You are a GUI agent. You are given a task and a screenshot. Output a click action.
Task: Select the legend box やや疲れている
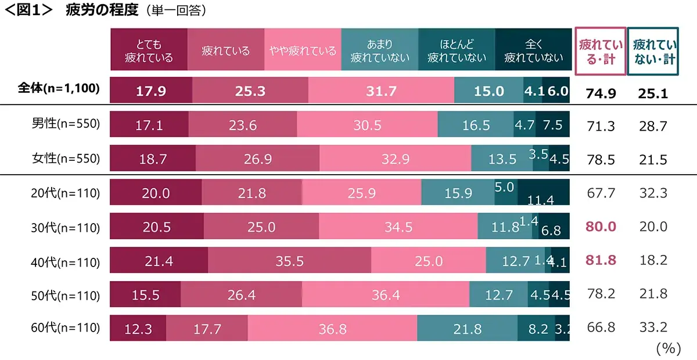(303, 51)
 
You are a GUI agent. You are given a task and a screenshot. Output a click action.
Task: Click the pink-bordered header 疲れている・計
(601, 52)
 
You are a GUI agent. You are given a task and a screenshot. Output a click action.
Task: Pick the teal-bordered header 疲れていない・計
(653, 52)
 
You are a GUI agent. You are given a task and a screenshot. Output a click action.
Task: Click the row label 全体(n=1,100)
(58, 89)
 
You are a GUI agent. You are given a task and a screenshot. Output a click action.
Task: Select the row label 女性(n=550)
(66, 159)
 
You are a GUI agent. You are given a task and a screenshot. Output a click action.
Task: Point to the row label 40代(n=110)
(65, 262)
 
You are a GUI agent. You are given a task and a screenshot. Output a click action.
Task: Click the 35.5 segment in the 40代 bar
(289, 262)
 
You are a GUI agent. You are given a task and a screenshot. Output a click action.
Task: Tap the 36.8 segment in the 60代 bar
(332, 329)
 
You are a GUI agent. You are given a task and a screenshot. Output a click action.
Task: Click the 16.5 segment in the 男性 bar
(475, 125)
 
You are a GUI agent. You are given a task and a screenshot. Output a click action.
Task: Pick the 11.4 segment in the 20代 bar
(543, 193)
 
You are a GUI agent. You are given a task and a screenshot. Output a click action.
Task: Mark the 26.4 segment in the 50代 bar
(241, 295)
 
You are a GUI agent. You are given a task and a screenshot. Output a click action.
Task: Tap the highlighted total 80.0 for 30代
(601, 226)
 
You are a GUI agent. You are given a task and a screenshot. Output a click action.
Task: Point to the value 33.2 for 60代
(653, 329)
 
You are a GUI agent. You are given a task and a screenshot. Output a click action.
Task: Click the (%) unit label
(667, 348)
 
